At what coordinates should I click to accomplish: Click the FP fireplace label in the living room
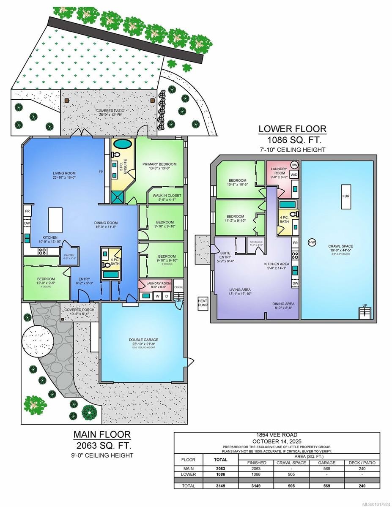click(x=101, y=172)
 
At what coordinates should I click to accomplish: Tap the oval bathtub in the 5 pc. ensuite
click(x=123, y=144)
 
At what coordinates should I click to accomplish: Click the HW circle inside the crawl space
click(x=312, y=242)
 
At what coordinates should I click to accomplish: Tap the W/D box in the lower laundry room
click(x=294, y=174)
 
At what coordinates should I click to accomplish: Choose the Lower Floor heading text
click(x=292, y=129)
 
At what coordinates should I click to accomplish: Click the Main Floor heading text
click(x=102, y=434)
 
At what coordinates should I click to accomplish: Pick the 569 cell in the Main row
click(x=326, y=469)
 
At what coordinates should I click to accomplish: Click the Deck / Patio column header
click(x=362, y=463)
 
